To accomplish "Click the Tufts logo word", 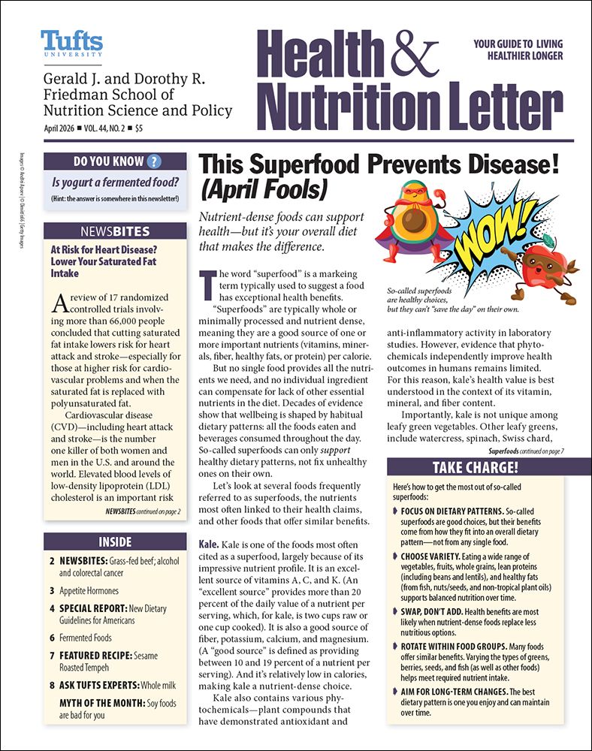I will click(71, 41).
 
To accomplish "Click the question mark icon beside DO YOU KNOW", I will click(155, 161).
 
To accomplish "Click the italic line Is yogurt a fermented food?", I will click(114, 182).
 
